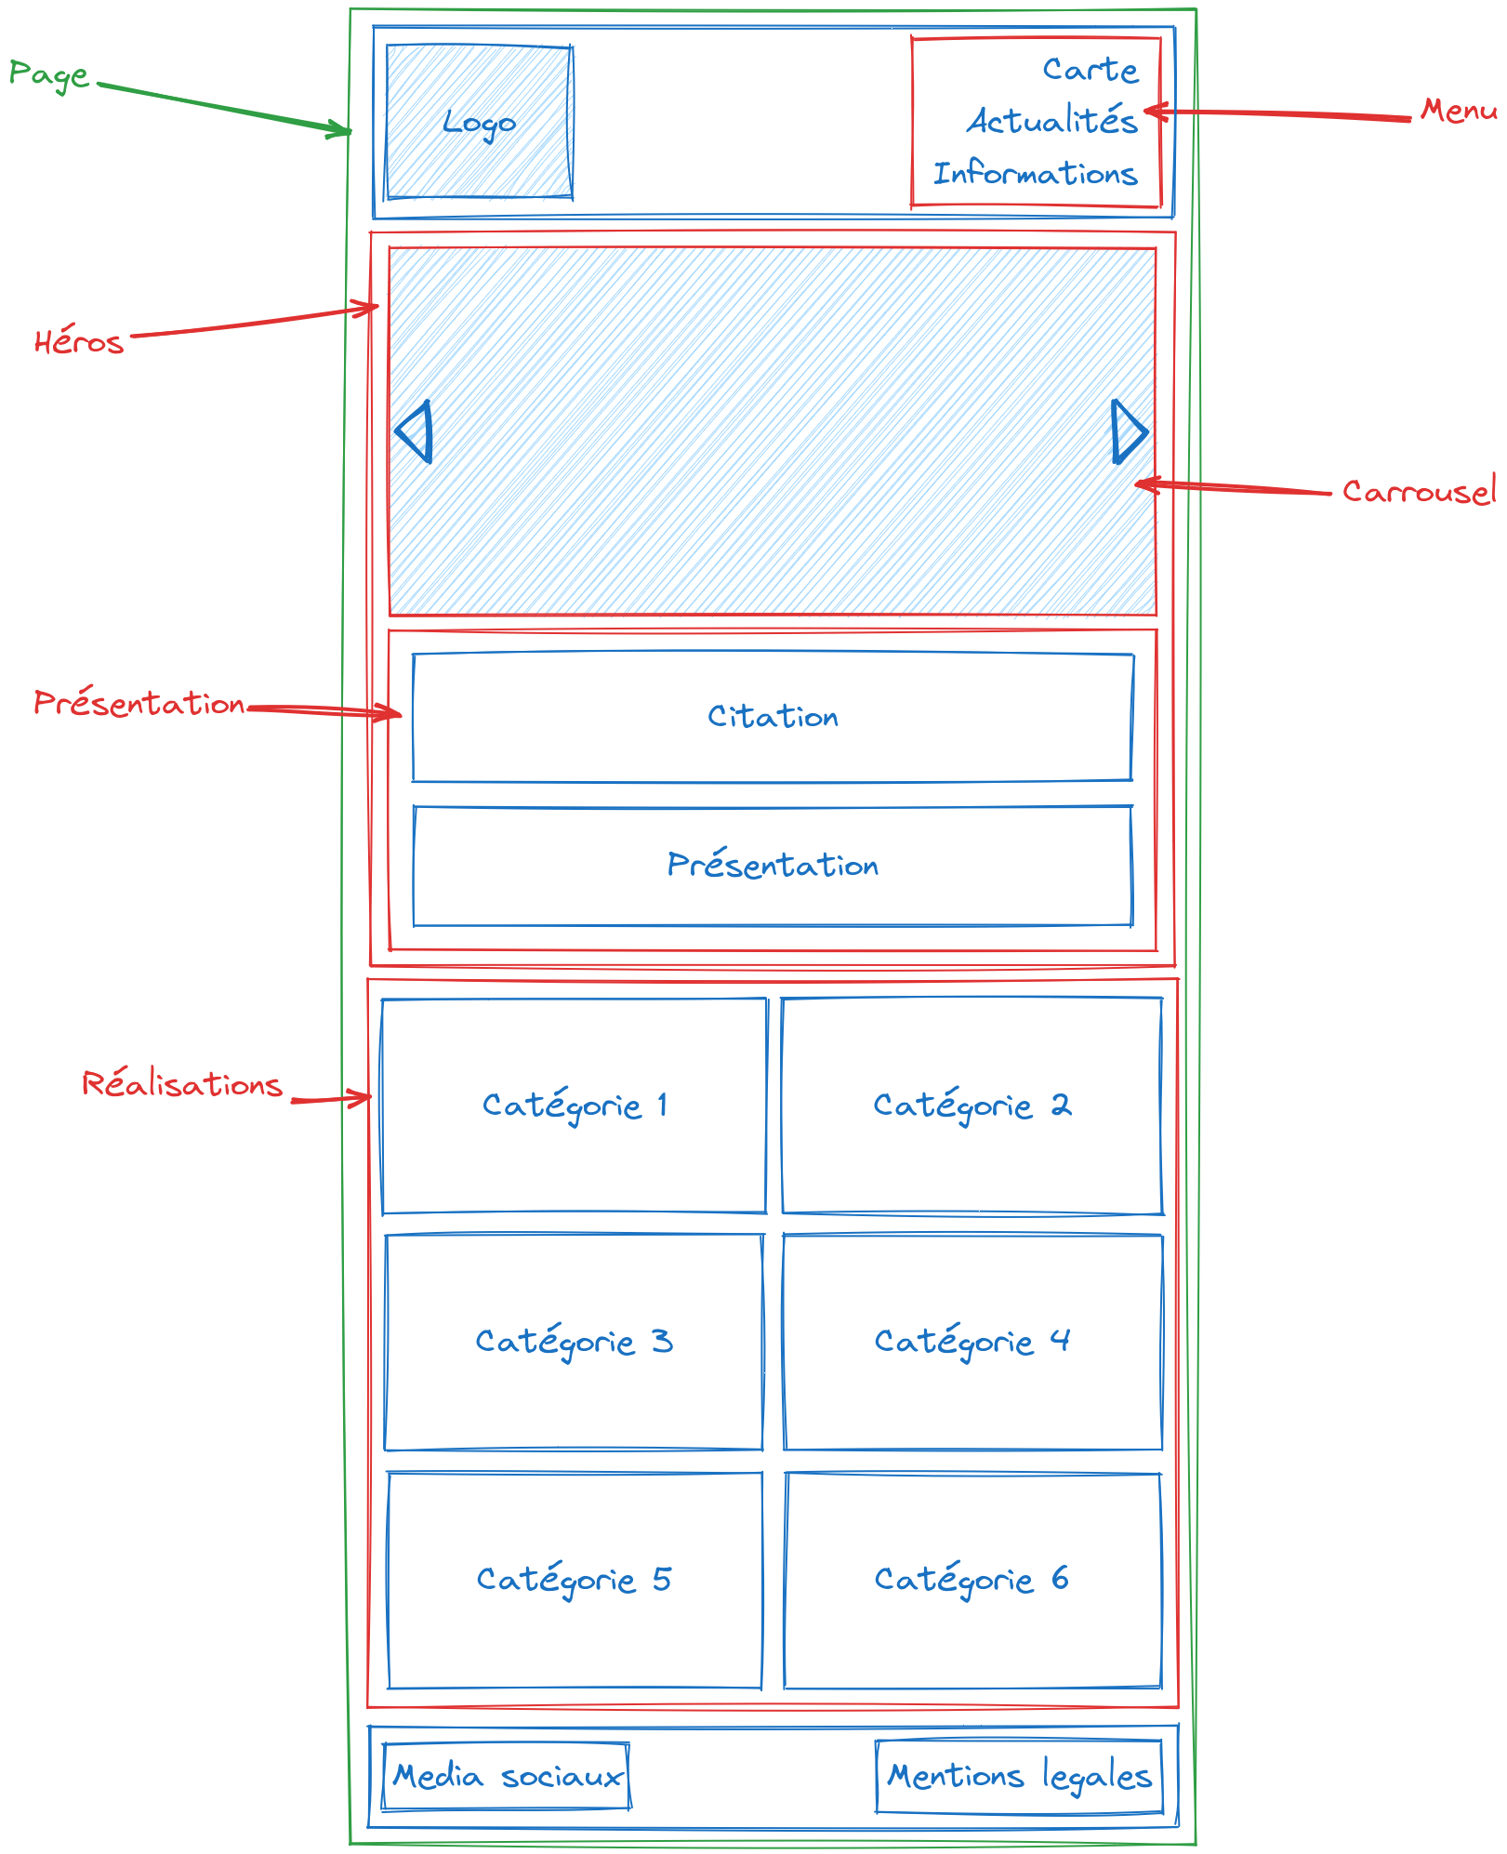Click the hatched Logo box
click(479, 122)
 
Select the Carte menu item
click(1090, 69)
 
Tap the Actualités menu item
click(1051, 121)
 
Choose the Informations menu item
click(1035, 173)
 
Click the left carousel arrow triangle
click(416, 431)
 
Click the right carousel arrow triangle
click(1128, 431)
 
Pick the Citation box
click(773, 717)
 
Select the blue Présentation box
click(773, 866)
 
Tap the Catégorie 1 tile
click(575, 1106)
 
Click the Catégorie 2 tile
click(972, 1106)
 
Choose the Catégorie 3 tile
click(575, 1342)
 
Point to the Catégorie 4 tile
click(972, 1342)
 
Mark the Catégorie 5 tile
click(575, 1579)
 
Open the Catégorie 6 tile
click(972, 1579)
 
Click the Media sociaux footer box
click(507, 1777)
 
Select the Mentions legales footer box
click(1019, 1777)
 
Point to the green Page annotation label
click(48, 74)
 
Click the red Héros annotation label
click(79, 341)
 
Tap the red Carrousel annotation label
click(1418, 491)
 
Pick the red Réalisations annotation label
click(182, 1084)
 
